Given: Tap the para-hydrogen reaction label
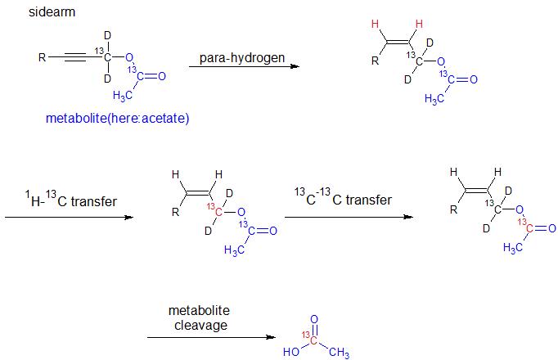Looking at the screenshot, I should click(x=243, y=58).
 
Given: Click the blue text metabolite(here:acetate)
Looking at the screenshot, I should click(x=118, y=119).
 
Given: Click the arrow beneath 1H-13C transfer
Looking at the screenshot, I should click(x=69, y=218).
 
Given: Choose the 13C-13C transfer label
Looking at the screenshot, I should click(x=343, y=198).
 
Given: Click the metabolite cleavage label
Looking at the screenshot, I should click(x=199, y=318).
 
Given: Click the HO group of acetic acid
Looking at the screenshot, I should click(x=290, y=353).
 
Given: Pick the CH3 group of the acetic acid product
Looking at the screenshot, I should click(x=338, y=353).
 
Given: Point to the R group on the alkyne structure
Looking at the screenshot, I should click(x=43, y=57).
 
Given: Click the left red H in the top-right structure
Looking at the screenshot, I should click(x=375, y=24).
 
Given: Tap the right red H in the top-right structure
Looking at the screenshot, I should click(x=419, y=24).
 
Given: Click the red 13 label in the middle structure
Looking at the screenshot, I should click(x=212, y=208).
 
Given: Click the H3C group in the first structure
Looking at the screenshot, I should click(x=124, y=96).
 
